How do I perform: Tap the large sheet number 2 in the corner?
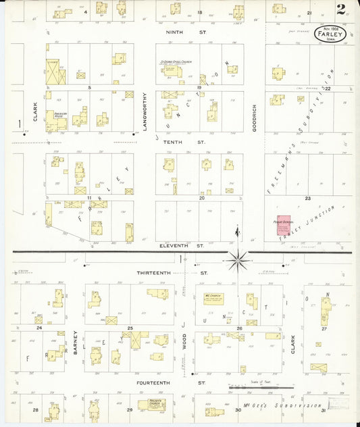point(342,9)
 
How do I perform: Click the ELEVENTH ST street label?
point(182,246)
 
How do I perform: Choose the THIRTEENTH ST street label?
point(172,273)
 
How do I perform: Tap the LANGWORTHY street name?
point(144,114)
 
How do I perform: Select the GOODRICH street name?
point(255,116)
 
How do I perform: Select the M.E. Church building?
point(213,298)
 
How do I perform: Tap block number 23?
point(307,198)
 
